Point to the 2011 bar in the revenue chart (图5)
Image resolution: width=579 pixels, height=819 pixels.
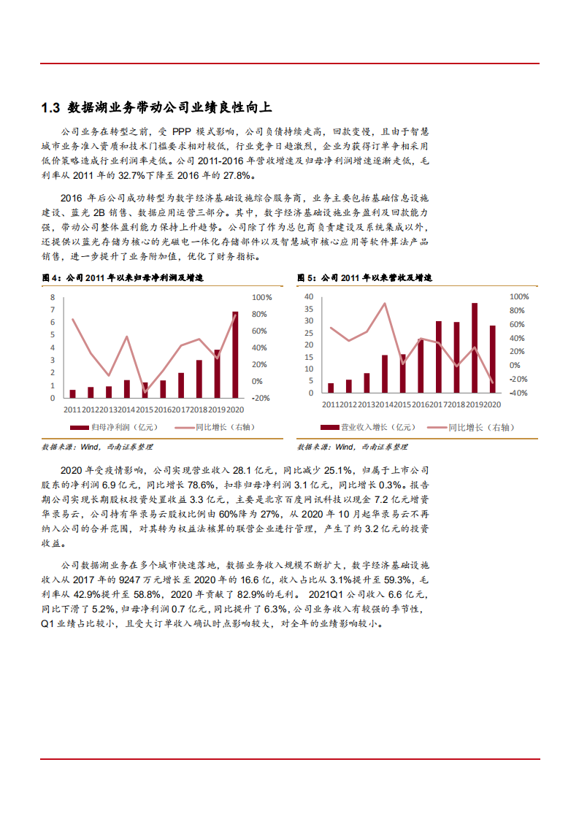(331, 388)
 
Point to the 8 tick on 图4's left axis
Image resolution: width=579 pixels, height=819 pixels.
(53, 298)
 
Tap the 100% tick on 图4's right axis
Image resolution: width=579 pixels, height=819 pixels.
(261, 298)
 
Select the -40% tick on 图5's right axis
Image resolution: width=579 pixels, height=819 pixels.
(518, 393)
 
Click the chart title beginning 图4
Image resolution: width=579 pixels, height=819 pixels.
(122, 278)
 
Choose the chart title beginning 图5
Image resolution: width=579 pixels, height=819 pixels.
(364, 278)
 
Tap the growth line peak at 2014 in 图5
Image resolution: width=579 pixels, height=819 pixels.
(385, 304)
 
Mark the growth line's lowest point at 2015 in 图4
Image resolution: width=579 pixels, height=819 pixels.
(145, 392)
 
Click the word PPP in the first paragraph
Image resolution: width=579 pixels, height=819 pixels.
(181, 132)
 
